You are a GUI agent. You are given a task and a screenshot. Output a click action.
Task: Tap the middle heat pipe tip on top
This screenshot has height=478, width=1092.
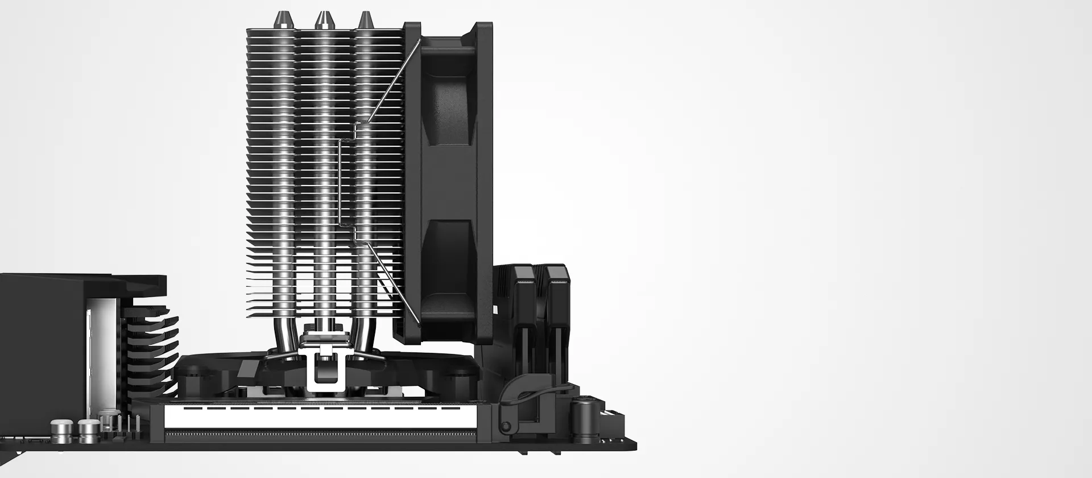coord(324,20)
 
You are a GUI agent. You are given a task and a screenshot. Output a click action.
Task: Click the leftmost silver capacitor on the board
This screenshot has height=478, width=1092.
coord(61,431)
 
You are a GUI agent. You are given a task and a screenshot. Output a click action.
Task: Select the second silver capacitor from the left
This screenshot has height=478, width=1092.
coord(89,431)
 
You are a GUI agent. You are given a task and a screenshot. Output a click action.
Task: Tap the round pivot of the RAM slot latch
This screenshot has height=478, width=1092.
coord(504,426)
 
